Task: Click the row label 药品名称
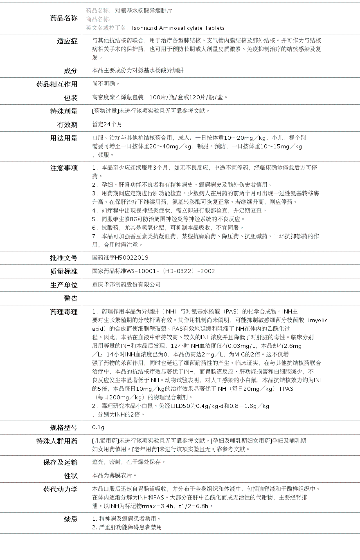tap(63, 18)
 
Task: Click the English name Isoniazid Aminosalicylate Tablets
tap(178, 28)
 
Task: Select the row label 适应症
tap(67, 41)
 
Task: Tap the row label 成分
tap(70, 71)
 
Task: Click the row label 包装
tap(70, 98)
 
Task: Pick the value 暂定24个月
tap(107, 124)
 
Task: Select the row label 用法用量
tap(63, 138)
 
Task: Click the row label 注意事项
tap(63, 168)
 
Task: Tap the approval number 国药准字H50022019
tap(120, 258)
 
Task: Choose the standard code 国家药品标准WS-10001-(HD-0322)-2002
tap(153, 271)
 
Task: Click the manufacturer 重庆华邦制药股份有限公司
tap(126, 284)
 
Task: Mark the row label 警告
tap(70, 298)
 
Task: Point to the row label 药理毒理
tap(63, 312)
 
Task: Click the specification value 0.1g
tap(98, 428)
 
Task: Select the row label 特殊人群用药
tap(57, 441)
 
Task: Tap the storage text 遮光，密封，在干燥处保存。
tap(129, 462)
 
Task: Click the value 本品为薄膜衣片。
tap(115, 475)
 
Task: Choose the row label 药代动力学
tap(60, 489)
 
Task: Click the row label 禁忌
tap(70, 519)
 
